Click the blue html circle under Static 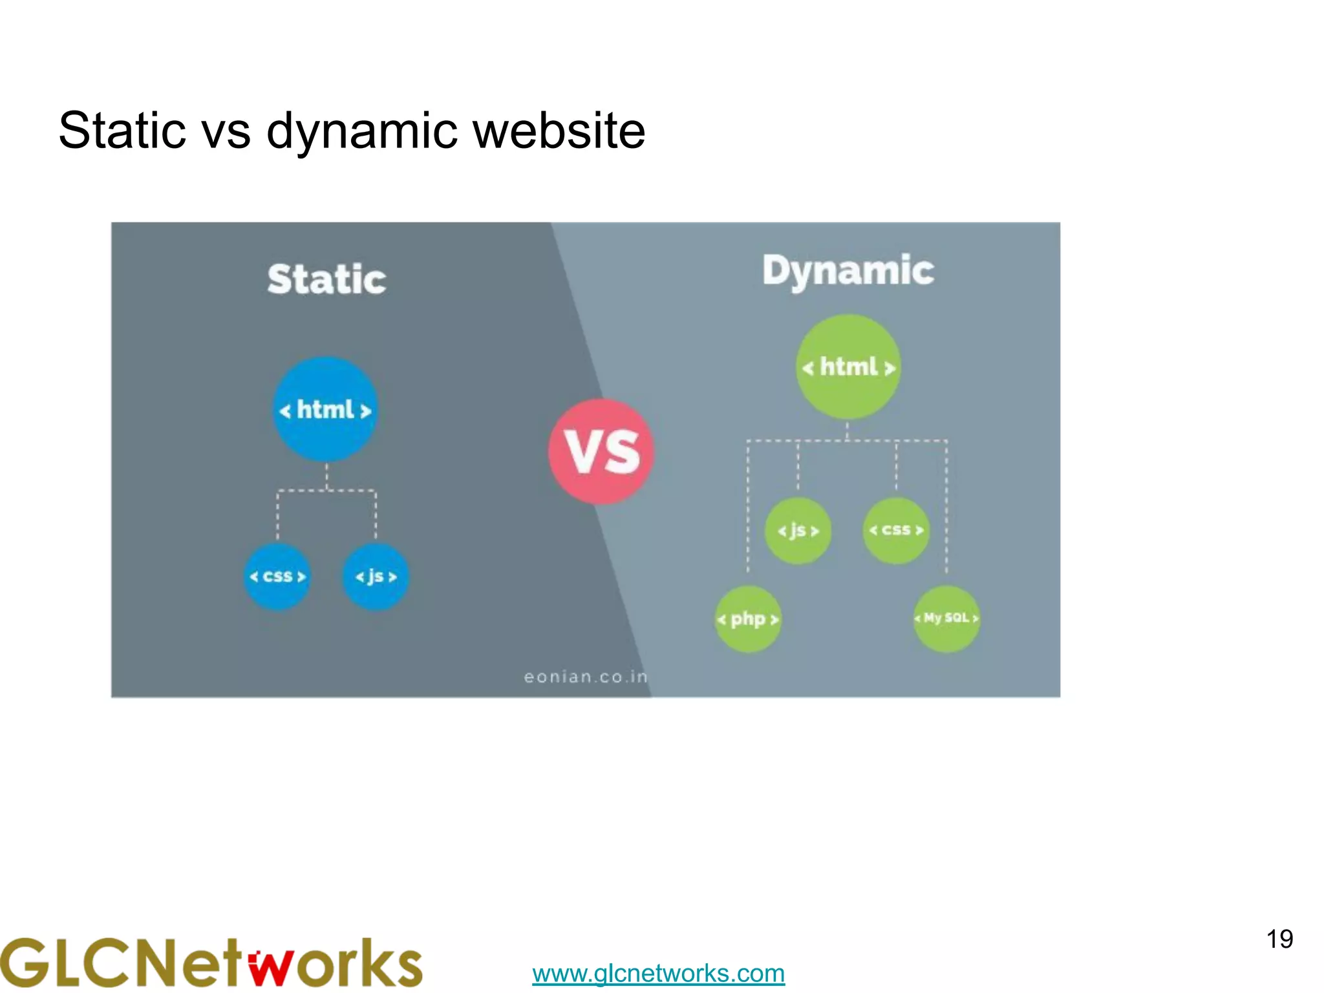tap(325, 409)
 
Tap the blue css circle tap(277, 576)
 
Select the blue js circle tap(376, 576)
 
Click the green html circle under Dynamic tap(848, 367)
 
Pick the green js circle tap(798, 531)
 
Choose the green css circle tap(896, 530)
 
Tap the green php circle tap(748, 619)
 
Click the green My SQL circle tap(946, 618)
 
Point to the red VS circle tap(601, 451)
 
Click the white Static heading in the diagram tap(326, 279)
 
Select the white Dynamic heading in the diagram tap(848, 270)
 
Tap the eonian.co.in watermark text tap(585, 676)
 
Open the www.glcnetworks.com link tap(658, 973)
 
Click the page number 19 tap(1279, 939)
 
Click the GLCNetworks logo tap(211, 963)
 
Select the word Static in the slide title tap(123, 131)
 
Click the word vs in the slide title tap(226, 132)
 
